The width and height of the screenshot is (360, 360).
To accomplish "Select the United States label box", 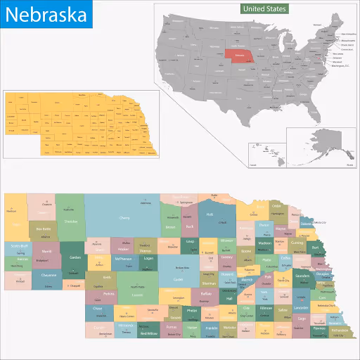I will pyautogui.click(x=264, y=9).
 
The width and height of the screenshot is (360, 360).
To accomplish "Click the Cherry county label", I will pyautogui.click(x=124, y=218).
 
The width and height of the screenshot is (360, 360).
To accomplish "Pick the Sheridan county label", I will pyautogui.click(x=70, y=221).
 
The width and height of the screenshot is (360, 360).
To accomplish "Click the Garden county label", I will pyautogui.click(x=75, y=257).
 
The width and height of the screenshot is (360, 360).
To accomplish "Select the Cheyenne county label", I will pyautogui.click(x=49, y=275).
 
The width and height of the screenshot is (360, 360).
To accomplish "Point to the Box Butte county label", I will pyautogui.click(x=43, y=229).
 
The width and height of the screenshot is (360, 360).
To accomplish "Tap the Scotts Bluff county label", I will pyautogui.click(x=18, y=246).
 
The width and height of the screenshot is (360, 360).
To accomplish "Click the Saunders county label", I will pyautogui.click(x=303, y=276).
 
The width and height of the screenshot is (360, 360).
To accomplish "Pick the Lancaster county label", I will pyautogui.click(x=301, y=308).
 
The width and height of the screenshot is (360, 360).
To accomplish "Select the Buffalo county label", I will pyautogui.click(x=206, y=293).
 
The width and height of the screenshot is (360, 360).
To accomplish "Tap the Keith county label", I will pyautogui.click(x=107, y=277).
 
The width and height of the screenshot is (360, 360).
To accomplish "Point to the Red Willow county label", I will pyautogui.click(x=149, y=333).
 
